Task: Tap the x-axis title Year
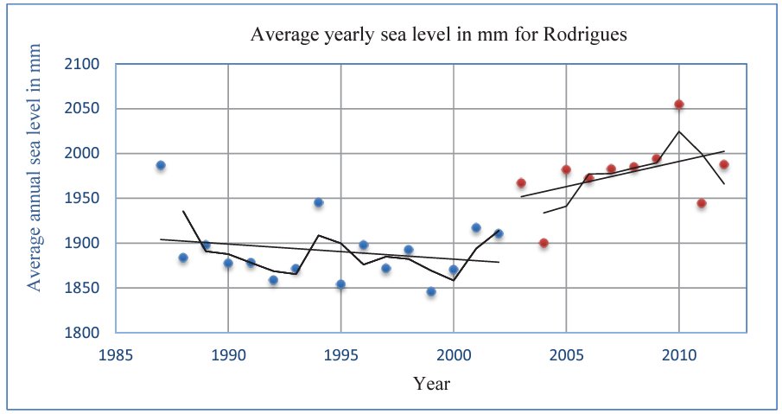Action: pyautogui.click(x=430, y=383)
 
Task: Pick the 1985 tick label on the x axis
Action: pyautogui.click(x=116, y=354)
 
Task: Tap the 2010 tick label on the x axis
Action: pyautogui.click(x=679, y=354)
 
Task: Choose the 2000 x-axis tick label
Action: pyautogui.click(x=454, y=354)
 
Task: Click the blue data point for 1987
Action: pyautogui.click(x=161, y=165)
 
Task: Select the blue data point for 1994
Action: pyautogui.click(x=319, y=202)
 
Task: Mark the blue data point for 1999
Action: pyautogui.click(x=431, y=291)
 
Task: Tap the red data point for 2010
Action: pyautogui.click(x=679, y=104)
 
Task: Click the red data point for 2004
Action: pyautogui.click(x=544, y=243)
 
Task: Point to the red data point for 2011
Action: pyautogui.click(x=702, y=203)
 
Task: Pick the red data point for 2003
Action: pyautogui.click(x=521, y=182)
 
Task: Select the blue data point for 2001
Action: pyautogui.click(x=476, y=227)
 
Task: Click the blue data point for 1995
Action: pyautogui.click(x=341, y=284)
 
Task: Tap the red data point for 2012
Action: pyautogui.click(x=724, y=164)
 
